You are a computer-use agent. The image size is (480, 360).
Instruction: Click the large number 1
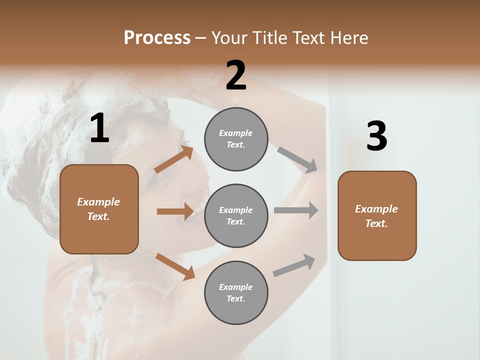99,128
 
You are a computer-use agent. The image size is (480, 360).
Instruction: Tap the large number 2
236,75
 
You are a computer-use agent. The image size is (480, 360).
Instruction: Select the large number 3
376,137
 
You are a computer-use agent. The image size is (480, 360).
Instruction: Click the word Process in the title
157,37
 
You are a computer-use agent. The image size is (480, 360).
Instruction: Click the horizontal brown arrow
175,211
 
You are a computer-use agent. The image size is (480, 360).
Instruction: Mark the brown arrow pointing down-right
175,266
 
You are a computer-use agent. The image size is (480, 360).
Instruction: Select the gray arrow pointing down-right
297,160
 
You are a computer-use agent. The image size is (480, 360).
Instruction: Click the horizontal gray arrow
296,210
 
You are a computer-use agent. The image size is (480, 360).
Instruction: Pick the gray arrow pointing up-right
294,265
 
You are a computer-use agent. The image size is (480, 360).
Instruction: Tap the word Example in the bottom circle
236,287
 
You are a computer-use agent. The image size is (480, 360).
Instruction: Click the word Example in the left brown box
98,202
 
